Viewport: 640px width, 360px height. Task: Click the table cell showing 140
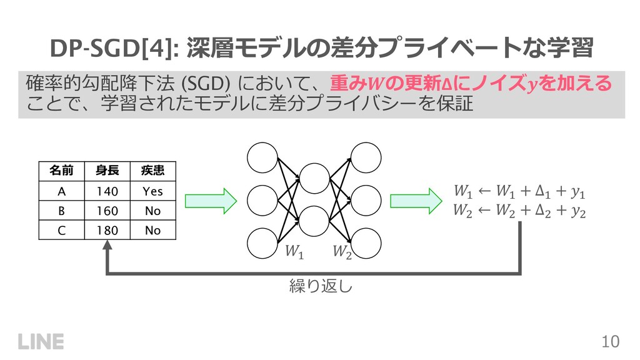107,191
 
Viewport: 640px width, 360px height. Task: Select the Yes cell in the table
152,191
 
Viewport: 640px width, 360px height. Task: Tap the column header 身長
107,170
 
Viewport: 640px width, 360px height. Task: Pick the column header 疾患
152,170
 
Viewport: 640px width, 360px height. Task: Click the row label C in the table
61,230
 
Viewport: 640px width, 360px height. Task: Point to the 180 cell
107,230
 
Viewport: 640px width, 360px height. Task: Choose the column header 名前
61,170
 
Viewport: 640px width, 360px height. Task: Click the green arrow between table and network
211,201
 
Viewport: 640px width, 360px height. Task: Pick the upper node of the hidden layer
314,179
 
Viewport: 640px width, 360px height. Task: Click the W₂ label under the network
341,252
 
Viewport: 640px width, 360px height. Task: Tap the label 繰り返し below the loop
312,287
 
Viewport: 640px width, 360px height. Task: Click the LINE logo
41,341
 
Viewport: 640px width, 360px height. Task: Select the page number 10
610,341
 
